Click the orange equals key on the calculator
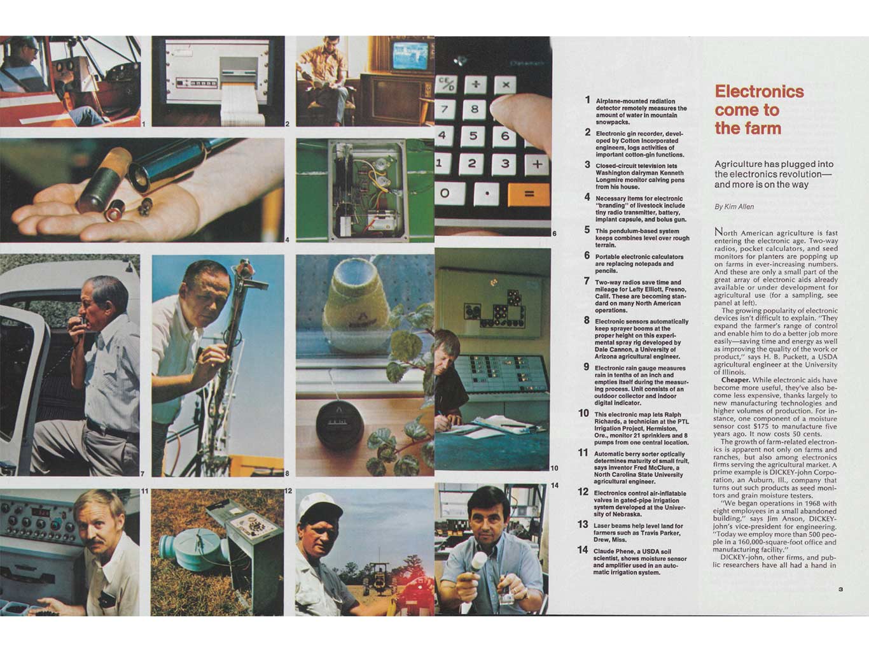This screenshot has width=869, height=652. tap(528, 194)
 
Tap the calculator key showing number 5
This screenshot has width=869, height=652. tap(473, 135)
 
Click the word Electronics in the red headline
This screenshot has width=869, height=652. tap(759, 92)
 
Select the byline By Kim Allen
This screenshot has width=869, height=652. tap(734, 207)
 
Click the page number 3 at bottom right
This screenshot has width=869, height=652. tap(840, 589)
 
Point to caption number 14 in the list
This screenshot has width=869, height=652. tap(582, 549)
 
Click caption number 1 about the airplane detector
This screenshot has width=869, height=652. tap(588, 100)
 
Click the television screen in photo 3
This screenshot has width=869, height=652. tap(410, 56)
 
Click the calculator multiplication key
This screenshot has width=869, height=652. tap(506, 84)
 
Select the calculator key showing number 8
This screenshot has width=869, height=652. tap(474, 109)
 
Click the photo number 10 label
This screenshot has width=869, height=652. tap(554, 468)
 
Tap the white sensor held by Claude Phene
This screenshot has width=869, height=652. tap(478, 562)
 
